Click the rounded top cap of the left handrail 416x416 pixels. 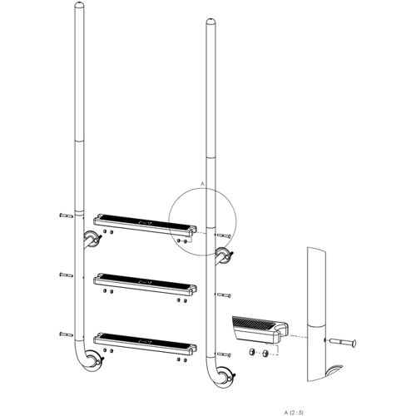click(x=80, y=9)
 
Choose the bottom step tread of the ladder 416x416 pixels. click(x=146, y=338)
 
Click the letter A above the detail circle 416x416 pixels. click(x=202, y=181)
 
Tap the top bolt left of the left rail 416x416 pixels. click(x=67, y=215)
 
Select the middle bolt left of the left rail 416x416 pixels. click(x=67, y=273)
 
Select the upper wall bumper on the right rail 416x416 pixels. click(x=222, y=254)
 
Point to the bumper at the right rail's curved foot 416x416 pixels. click(x=226, y=376)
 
